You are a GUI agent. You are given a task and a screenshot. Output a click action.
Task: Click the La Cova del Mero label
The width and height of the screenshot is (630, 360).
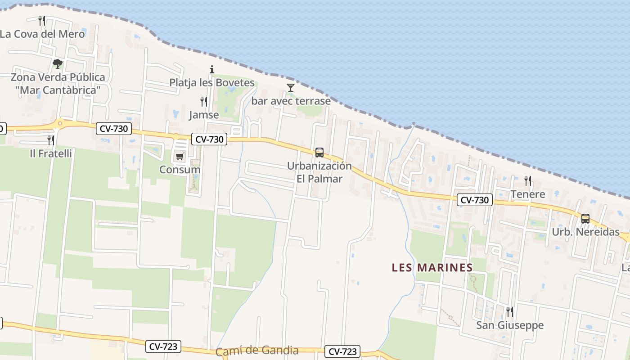click(42, 34)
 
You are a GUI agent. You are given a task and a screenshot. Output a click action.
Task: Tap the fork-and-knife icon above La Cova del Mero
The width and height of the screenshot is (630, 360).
click(42, 20)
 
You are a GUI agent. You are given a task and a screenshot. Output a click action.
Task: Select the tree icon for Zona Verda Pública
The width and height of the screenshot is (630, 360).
click(57, 63)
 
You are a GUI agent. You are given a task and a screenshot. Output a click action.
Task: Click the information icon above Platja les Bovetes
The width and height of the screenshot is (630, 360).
click(212, 69)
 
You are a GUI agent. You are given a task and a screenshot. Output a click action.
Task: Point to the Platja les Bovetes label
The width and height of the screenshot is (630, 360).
click(212, 83)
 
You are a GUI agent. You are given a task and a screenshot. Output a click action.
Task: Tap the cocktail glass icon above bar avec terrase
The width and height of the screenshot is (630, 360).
click(291, 87)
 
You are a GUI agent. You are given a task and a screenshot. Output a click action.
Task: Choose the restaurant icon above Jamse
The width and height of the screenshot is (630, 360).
click(204, 102)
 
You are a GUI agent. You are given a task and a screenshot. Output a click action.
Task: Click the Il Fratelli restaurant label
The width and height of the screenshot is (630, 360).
click(51, 153)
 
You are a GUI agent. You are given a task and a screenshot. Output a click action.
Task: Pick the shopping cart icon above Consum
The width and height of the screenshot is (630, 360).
click(180, 157)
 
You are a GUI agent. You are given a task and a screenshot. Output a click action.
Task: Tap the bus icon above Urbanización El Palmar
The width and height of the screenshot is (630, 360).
click(319, 152)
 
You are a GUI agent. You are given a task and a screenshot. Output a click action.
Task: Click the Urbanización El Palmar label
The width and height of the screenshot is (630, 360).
click(319, 172)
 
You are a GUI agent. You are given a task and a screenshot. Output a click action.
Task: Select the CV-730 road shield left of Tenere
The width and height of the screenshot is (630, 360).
click(475, 200)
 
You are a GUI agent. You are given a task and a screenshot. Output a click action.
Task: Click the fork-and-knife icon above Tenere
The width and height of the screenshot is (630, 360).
click(528, 181)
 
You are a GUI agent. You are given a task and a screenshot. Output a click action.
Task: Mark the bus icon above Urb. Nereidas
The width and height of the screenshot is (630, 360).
click(585, 219)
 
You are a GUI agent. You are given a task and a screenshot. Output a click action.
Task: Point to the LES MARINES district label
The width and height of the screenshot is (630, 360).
click(432, 268)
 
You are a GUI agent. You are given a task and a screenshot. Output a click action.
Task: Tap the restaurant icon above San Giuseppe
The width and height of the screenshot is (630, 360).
click(509, 311)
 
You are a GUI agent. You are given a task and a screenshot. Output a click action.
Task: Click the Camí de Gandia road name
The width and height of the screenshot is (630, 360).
click(257, 351)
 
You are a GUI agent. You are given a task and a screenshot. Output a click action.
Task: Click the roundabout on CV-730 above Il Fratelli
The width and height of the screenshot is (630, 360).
click(59, 123)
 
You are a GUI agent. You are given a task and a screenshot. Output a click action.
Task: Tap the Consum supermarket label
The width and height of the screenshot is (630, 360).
click(180, 170)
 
